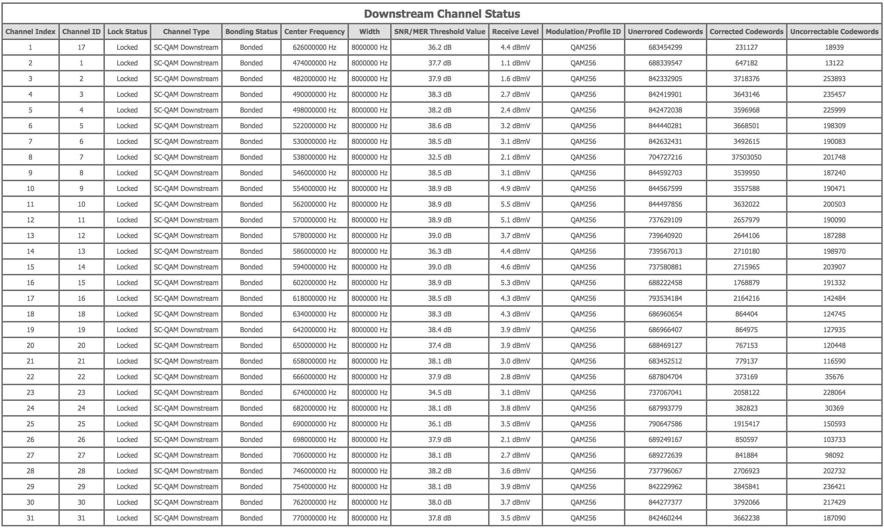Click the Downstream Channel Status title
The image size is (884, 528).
pyautogui.click(x=442, y=14)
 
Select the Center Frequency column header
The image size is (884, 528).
pyautogui.click(x=314, y=32)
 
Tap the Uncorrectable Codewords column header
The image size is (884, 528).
pyautogui.click(x=834, y=32)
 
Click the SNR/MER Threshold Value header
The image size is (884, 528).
pyautogui.click(x=439, y=32)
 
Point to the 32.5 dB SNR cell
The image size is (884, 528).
pyautogui.click(x=439, y=157)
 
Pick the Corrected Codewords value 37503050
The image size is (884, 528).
pyautogui.click(x=746, y=157)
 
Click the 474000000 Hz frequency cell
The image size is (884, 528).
pyautogui.click(x=314, y=63)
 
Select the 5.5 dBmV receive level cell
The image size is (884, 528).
pyautogui.click(x=515, y=204)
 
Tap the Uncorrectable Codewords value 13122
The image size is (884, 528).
pyautogui.click(x=834, y=63)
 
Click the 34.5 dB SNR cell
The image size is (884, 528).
pyautogui.click(x=439, y=393)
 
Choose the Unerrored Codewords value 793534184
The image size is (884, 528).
pyautogui.click(x=665, y=298)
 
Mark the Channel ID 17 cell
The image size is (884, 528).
pyautogui.click(x=81, y=47)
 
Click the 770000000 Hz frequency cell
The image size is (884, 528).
pyautogui.click(x=314, y=518)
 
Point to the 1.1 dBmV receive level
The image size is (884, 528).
pyautogui.click(x=515, y=63)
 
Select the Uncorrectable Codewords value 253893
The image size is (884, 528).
pyautogui.click(x=834, y=79)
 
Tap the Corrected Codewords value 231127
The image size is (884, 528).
pyautogui.click(x=746, y=47)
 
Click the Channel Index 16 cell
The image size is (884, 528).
pyautogui.click(x=30, y=283)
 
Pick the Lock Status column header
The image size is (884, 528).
pyautogui.click(x=127, y=32)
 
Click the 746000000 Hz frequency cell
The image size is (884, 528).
pyautogui.click(x=314, y=471)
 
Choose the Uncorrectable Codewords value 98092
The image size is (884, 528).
pyautogui.click(x=834, y=455)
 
